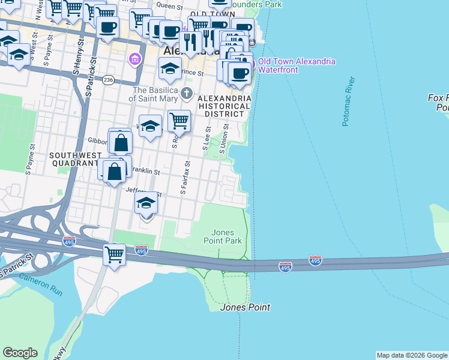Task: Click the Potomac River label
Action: coord(349,101)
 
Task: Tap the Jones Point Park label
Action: coord(227,236)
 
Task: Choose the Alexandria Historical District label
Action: coord(224,106)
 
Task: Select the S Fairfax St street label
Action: coord(185,178)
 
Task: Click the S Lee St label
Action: coord(206,138)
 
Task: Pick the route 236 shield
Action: coord(108,79)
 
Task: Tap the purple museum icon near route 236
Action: coord(134,59)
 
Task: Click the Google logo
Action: coord(20,353)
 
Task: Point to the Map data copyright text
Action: coord(412,355)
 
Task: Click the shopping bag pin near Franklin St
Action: coord(115,172)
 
